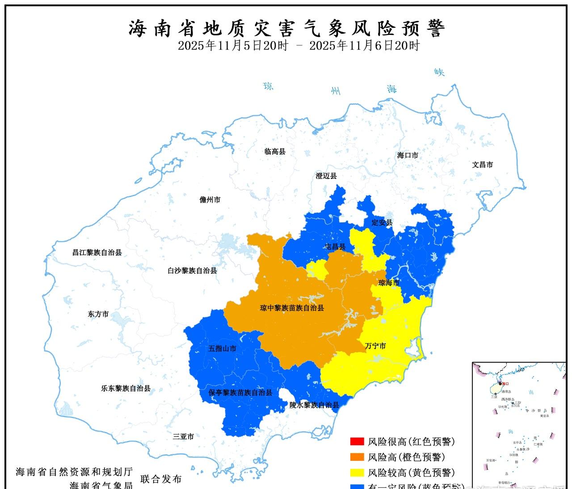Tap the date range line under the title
tap(299, 46)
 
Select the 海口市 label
tap(408, 155)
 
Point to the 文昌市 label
tap(482, 165)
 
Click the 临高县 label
tap(275, 152)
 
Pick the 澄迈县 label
tap(326, 176)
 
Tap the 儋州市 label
tap(210, 200)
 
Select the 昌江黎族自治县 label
tap(97, 252)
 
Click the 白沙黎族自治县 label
tap(192, 271)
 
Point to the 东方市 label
tap(98, 314)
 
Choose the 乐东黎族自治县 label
tap(126, 389)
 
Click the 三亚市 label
tap(183, 436)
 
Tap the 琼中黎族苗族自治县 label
tap(292, 308)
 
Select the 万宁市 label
tap(375, 346)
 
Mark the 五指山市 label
tap(222, 348)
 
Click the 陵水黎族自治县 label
tap(314, 405)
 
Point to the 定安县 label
tap(382, 222)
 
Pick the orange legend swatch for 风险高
tap(357, 457)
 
